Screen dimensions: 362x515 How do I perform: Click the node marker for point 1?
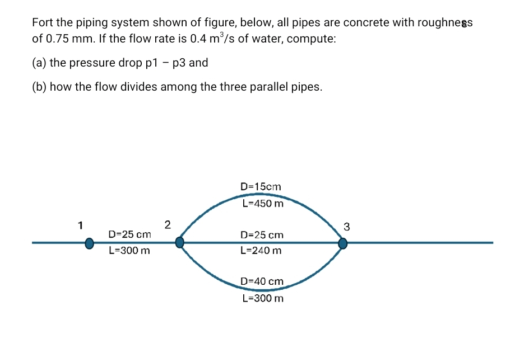click(x=89, y=243)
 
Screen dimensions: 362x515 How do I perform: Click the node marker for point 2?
click(x=179, y=243)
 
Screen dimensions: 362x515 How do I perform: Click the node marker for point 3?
click(x=342, y=243)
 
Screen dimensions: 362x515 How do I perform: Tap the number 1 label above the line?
click(x=80, y=225)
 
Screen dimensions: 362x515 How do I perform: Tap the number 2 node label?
click(x=167, y=225)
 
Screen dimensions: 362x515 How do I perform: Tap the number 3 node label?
click(x=346, y=227)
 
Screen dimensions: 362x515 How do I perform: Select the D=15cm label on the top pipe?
click(x=261, y=186)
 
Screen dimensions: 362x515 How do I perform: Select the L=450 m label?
click(x=263, y=204)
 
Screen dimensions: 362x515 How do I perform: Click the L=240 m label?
click(x=261, y=251)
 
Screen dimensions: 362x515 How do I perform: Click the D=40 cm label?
click(x=262, y=281)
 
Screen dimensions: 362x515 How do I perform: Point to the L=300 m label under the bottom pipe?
click(x=263, y=298)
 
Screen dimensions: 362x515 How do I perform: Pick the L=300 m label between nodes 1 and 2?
click(x=129, y=251)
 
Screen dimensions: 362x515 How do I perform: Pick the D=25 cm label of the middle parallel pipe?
click(x=262, y=235)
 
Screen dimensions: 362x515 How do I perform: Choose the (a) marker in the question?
click(x=39, y=63)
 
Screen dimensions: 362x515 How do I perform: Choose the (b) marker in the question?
click(x=39, y=87)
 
